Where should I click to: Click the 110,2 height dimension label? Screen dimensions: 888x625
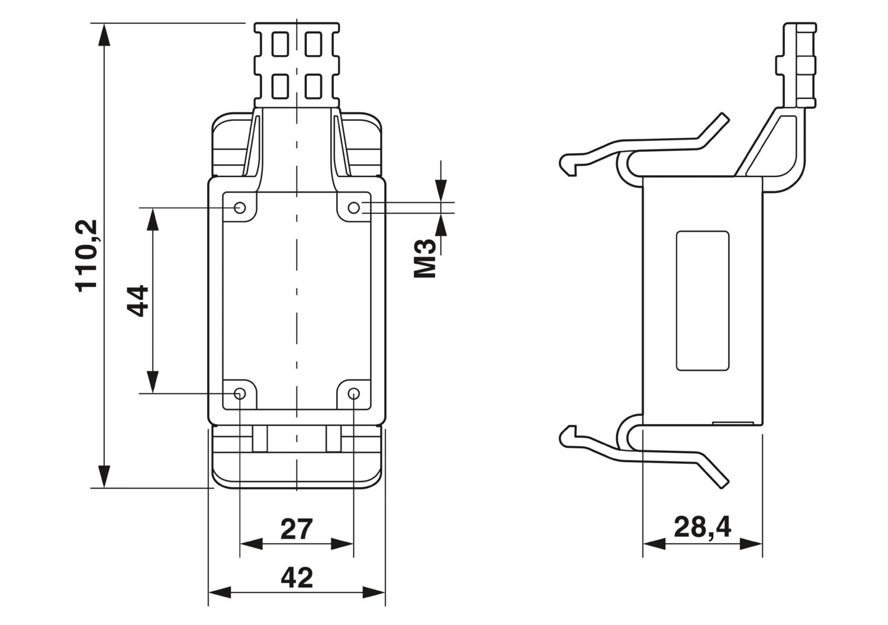tap(86, 255)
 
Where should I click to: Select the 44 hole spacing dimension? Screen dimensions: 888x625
tap(137, 300)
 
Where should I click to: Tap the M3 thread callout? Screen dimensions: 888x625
tap(424, 258)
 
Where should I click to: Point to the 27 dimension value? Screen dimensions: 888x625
tap(297, 529)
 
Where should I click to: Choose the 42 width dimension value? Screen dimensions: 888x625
tap(297, 578)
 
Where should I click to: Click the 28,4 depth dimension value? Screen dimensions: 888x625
tap(702, 527)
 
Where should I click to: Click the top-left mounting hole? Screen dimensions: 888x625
tap(240, 207)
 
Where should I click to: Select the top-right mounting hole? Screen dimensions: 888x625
tap(353, 207)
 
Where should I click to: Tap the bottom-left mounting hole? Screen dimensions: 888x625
tap(240, 393)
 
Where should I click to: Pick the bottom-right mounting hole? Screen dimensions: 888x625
tap(353, 393)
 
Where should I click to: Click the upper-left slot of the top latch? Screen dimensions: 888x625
tap(280, 44)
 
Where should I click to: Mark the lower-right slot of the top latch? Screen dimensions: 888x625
tap(313, 86)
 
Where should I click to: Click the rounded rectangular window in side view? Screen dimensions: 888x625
tap(703, 301)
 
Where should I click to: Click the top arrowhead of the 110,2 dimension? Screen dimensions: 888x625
tap(104, 34)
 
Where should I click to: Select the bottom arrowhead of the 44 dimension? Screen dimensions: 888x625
tap(153, 382)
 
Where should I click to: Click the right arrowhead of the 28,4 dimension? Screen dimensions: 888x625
tap(751, 544)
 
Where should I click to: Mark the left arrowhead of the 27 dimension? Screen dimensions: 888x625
tap(251, 544)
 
